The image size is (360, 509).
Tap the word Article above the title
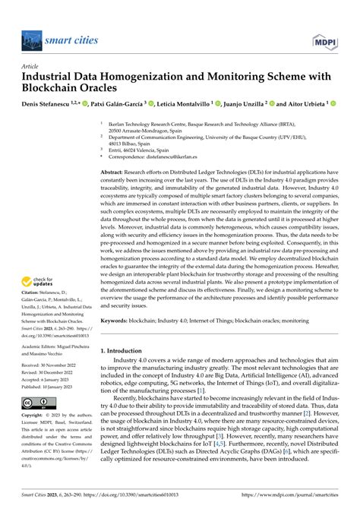31,66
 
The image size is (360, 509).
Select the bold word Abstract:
115,174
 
